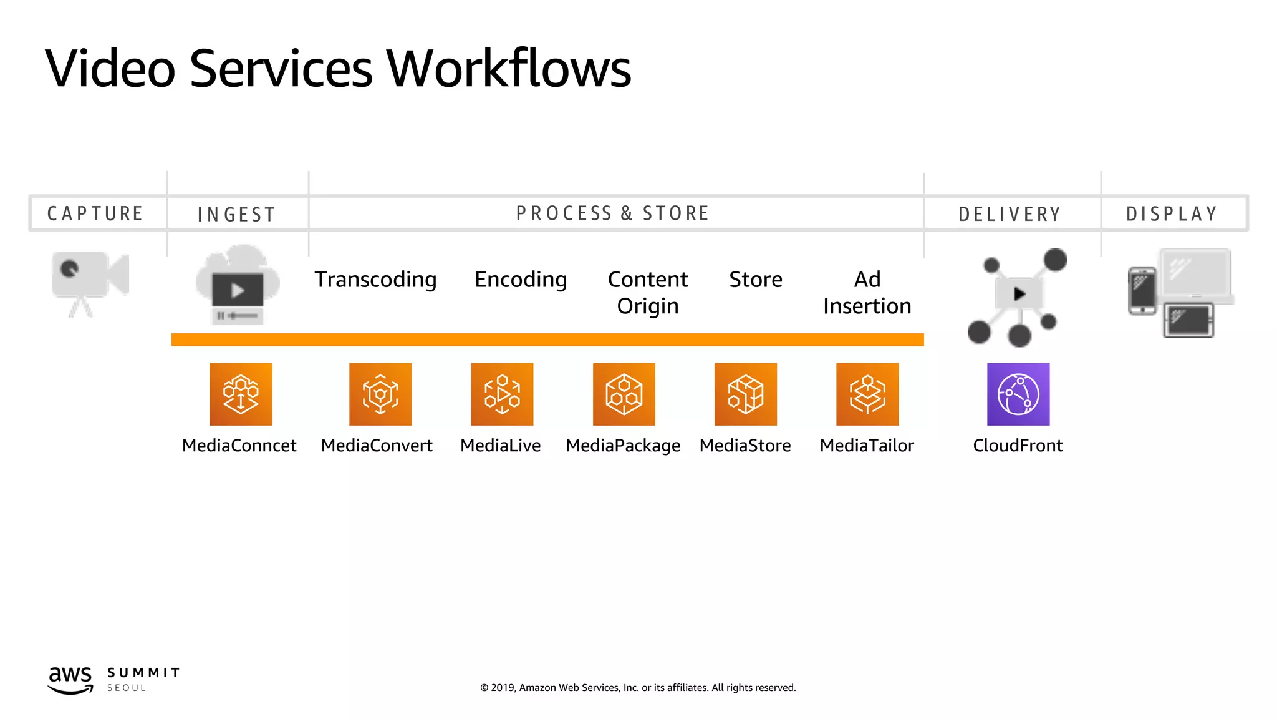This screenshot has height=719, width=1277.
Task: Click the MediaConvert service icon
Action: (x=380, y=394)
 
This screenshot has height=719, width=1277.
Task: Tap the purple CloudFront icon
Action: (x=1018, y=394)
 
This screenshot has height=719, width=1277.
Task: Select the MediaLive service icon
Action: (x=502, y=394)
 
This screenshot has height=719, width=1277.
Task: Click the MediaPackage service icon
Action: (x=624, y=394)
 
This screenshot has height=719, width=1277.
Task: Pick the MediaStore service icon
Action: (x=746, y=394)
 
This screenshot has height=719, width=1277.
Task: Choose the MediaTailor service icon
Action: (x=867, y=394)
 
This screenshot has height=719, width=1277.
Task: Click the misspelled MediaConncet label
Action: (x=239, y=446)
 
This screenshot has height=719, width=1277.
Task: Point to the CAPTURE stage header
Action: (x=95, y=213)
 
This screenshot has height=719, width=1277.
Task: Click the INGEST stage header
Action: (x=236, y=215)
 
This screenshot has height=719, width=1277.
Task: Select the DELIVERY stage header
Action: (x=1010, y=214)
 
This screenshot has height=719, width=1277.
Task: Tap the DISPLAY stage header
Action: (x=1172, y=214)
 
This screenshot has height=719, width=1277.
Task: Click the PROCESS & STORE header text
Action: (x=612, y=213)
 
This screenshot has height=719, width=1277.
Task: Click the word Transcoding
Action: (x=375, y=280)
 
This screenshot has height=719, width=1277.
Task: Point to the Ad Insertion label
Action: (x=867, y=292)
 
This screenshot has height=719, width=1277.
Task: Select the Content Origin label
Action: (x=648, y=292)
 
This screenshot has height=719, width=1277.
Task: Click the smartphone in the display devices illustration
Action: (x=1142, y=291)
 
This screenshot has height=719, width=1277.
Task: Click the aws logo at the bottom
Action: (x=70, y=679)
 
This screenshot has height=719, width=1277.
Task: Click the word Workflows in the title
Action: (x=509, y=68)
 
